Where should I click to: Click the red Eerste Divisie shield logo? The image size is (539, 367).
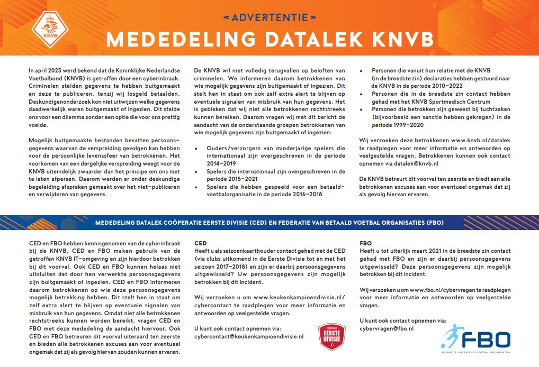[x=331, y=337]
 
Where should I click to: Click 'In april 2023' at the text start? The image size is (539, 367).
[x=46, y=70]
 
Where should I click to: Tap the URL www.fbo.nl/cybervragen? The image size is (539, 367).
[x=444, y=290]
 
